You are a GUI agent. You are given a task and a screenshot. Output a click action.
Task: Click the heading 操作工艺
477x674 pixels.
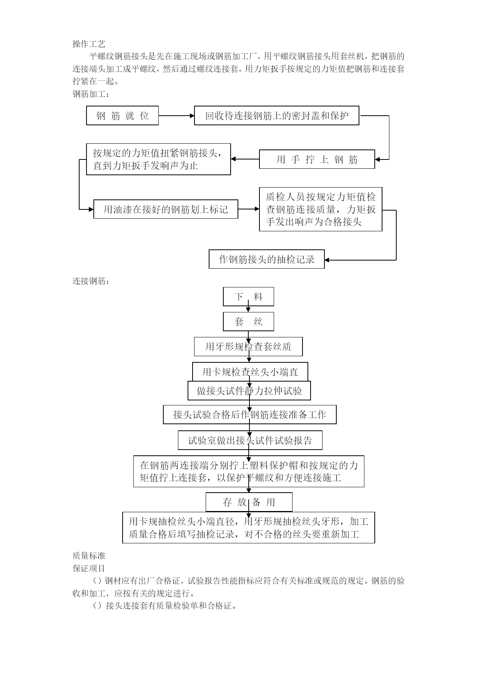[89, 44]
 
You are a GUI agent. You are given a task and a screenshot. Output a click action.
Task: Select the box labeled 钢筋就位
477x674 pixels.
[122, 116]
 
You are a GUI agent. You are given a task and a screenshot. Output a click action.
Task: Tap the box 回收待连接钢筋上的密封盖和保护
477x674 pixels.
[277, 116]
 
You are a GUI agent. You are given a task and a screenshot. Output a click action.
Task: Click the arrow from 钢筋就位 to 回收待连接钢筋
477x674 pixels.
[176, 116]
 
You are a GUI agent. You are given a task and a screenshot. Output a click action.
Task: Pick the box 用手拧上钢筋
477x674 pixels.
[317, 159]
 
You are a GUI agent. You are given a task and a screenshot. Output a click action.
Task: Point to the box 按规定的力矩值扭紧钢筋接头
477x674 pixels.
[158, 159]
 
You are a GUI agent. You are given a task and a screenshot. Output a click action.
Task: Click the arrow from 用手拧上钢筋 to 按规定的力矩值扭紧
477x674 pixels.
[245, 159]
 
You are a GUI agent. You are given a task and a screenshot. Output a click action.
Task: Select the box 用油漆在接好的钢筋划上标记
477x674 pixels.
[166, 209]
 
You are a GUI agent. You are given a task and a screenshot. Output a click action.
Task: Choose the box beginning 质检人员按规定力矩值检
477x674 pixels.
[321, 209]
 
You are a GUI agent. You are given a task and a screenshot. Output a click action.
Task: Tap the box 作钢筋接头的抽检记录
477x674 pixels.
[267, 259]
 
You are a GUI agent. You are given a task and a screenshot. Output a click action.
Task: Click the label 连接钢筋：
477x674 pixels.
[91, 281]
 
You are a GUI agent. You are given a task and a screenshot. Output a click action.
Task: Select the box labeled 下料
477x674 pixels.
[249, 297]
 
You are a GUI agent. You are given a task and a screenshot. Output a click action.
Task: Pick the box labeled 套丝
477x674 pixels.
[249, 322]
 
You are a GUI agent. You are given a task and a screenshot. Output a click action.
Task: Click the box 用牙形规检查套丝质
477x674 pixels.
[248, 347]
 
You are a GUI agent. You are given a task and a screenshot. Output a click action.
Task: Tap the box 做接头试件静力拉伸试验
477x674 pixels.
[249, 391]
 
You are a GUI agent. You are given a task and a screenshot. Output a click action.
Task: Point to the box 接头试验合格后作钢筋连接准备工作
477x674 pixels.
[250, 415]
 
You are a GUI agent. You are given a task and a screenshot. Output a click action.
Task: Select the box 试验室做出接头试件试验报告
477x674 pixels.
[250, 440]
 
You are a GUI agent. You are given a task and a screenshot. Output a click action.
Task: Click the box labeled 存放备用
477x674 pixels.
[249, 502]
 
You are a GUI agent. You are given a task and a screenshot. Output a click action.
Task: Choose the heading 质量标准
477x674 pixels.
[89, 556]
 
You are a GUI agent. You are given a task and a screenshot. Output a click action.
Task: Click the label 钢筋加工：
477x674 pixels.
[91, 94]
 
